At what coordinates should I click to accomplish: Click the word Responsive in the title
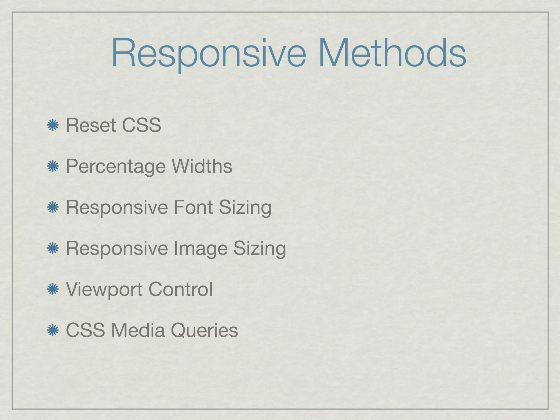point(208,53)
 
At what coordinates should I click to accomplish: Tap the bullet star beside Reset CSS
point(52,126)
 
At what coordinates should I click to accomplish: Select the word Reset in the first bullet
point(91,126)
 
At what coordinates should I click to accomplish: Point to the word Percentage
point(116,167)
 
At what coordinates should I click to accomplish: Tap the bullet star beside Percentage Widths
point(52,167)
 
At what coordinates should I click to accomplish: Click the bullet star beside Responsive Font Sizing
point(52,208)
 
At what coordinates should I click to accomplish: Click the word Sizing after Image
point(259,249)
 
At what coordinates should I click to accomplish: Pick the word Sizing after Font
point(245,208)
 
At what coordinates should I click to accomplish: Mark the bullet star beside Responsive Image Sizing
point(52,249)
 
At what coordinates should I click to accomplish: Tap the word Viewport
point(104,290)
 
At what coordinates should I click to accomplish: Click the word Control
point(180,289)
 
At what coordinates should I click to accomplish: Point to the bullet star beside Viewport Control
point(52,290)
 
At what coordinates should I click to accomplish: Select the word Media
point(138,330)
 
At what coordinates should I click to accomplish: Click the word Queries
point(204,331)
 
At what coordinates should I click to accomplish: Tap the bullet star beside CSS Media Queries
point(52,330)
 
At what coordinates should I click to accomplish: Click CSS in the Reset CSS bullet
point(141,126)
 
